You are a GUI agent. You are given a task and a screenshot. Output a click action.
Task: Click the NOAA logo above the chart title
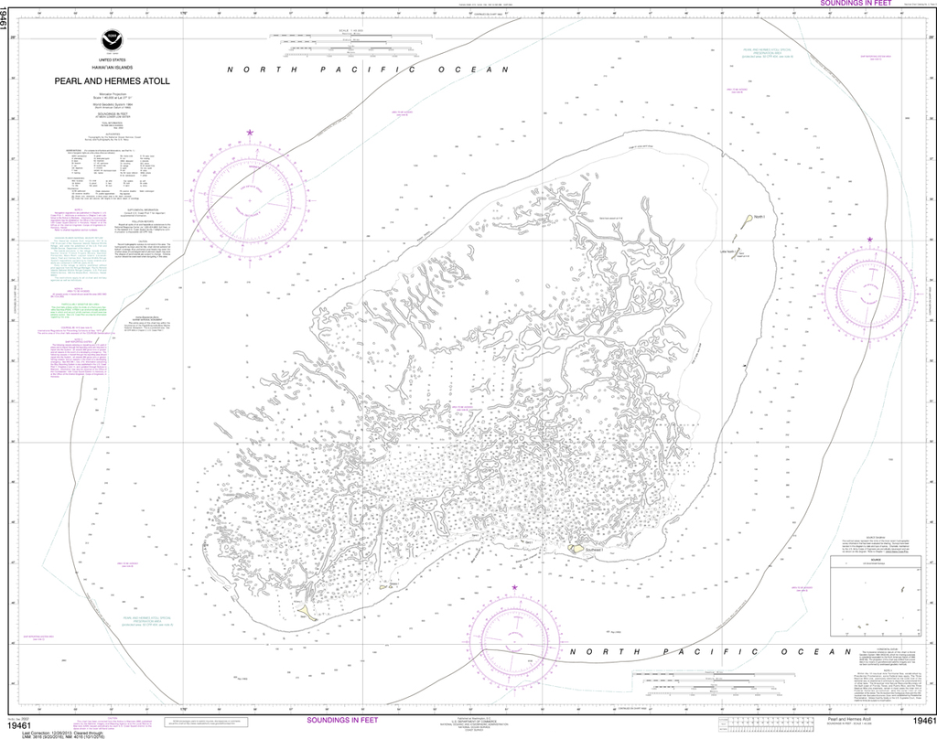click(x=113, y=41)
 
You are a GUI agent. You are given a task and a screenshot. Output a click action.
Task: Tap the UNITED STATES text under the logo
click(x=112, y=59)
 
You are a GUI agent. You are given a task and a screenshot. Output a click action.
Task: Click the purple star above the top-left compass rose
click(x=249, y=134)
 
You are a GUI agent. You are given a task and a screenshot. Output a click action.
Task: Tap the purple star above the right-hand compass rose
click(x=869, y=240)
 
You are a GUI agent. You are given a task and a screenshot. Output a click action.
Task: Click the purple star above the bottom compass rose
click(x=514, y=587)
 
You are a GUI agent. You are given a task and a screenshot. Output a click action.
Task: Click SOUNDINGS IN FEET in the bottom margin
click(x=339, y=721)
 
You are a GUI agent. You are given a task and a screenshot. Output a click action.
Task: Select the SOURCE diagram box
click(x=870, y=598)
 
